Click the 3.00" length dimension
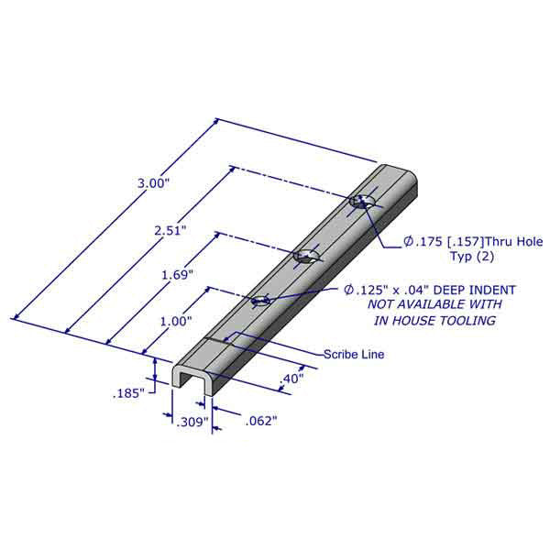pos(154,183)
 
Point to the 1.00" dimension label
pos(149,322)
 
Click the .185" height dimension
pos(129,393)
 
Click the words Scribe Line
pos(353,354)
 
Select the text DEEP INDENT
pos(473,290)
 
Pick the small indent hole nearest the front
pos(260,299)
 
